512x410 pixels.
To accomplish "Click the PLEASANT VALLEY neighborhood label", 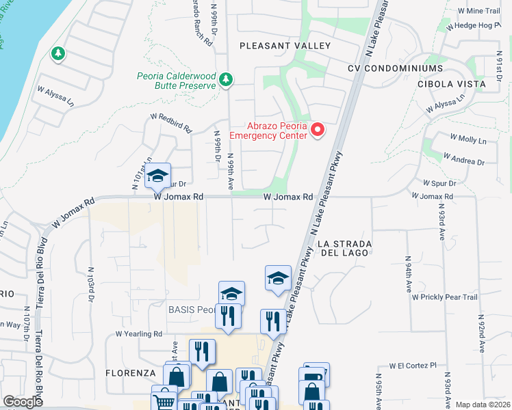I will tap(284, 46).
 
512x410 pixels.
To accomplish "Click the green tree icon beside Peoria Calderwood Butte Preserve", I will tap(225, 81).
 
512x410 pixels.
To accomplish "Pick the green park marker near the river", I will tap(57, 53).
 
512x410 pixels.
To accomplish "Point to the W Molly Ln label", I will tap(468, 140).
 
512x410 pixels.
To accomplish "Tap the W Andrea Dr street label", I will tap(463, 159).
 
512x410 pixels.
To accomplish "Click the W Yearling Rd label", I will tap(138, 334).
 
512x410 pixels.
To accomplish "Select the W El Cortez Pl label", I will tap(413, 366).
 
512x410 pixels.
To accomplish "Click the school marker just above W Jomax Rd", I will tap(157, 176).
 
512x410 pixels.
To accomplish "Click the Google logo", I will tap(23, 402).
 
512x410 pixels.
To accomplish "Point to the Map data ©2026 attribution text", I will tap(482, 405).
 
